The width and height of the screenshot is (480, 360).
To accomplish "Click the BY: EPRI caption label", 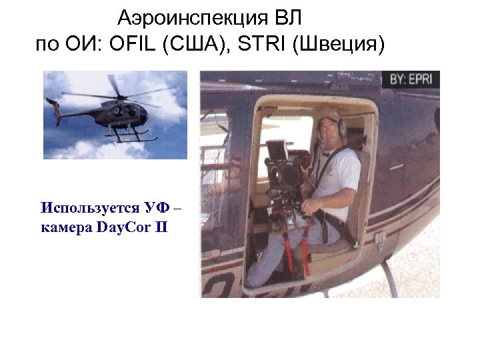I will point(410,79).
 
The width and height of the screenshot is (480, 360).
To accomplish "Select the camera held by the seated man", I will point(285,167).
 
